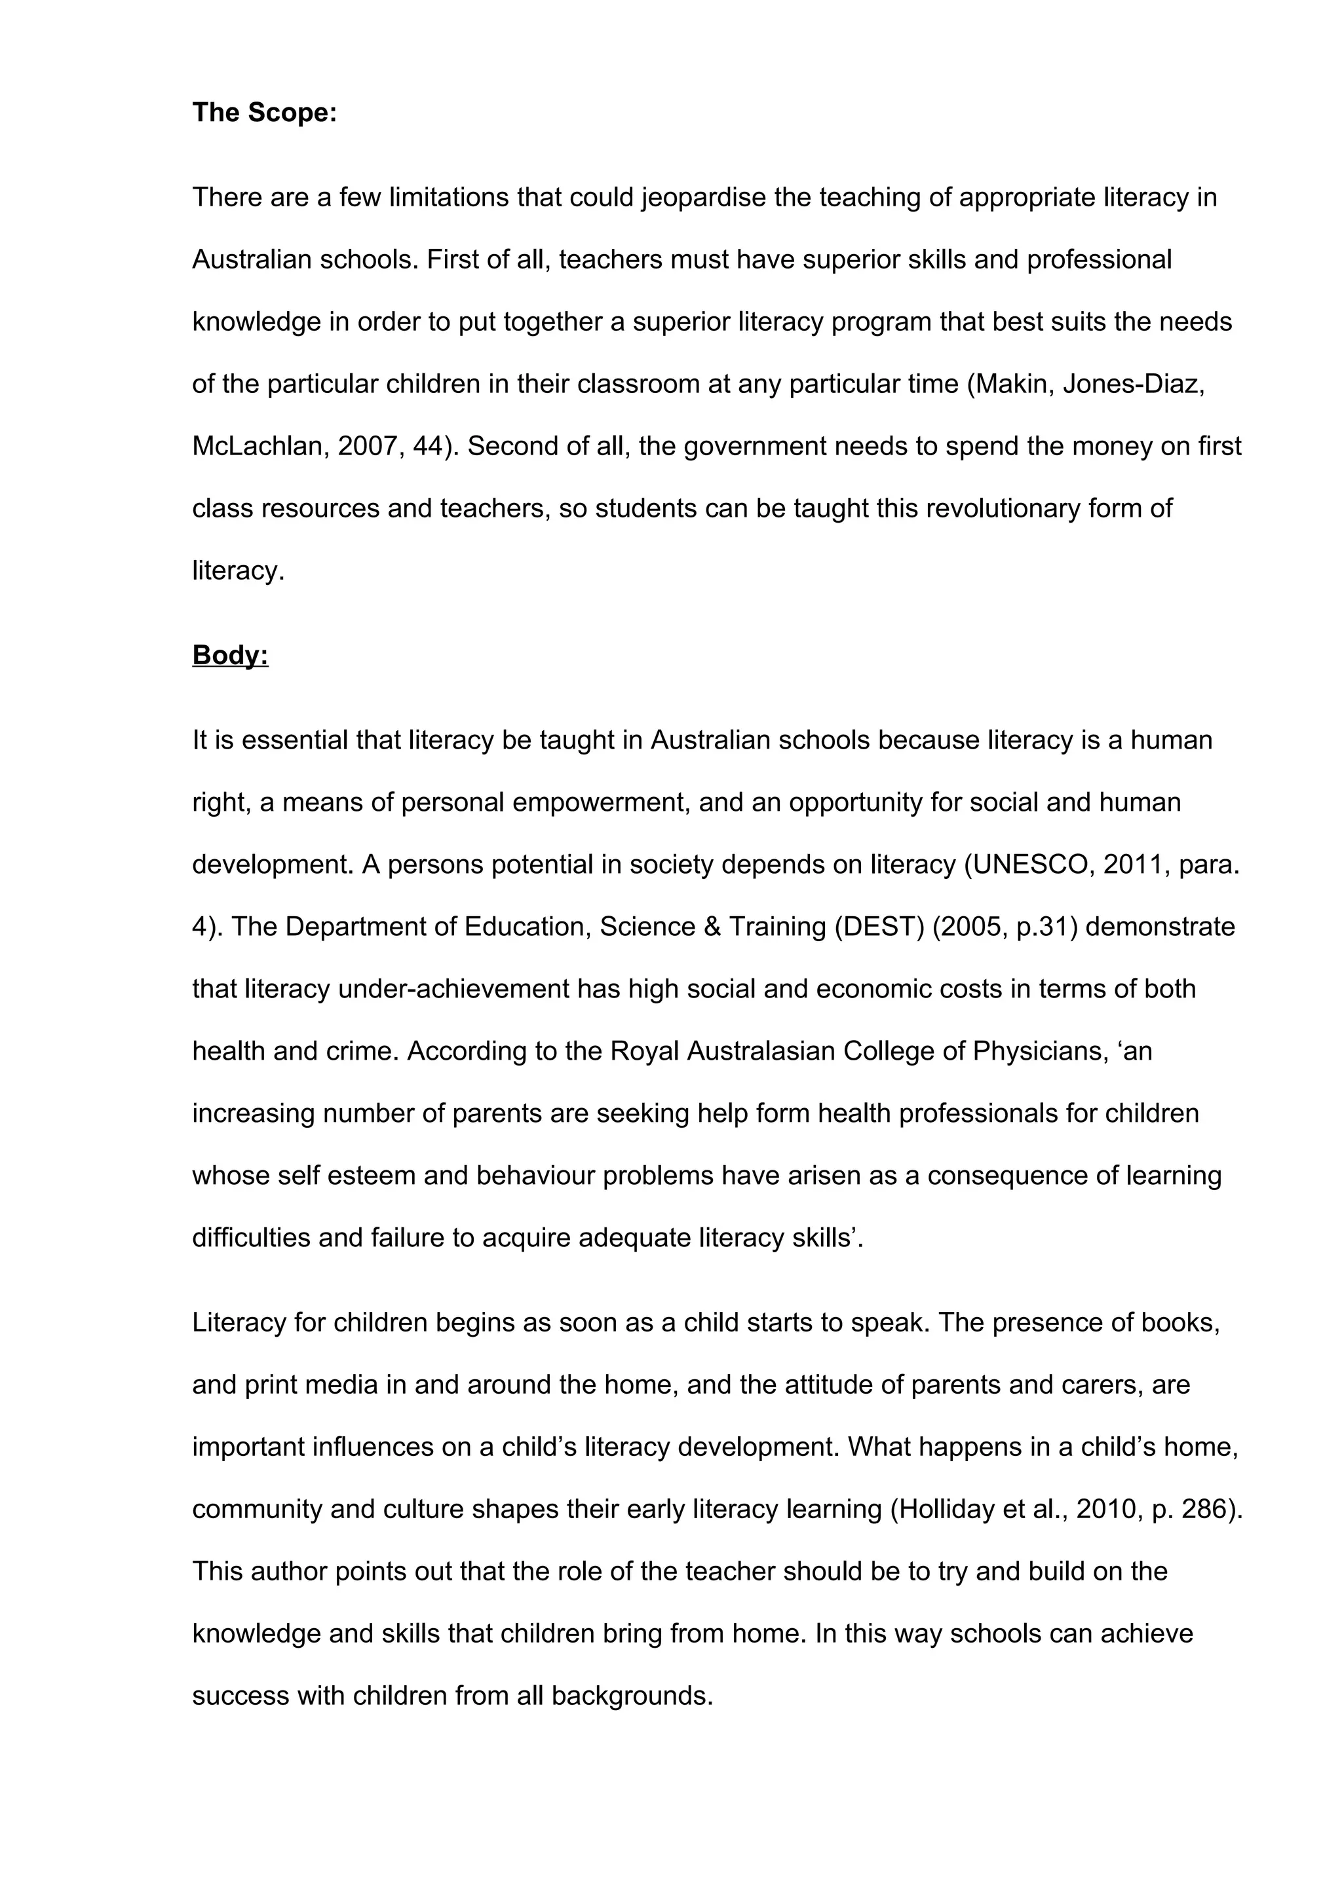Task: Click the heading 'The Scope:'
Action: [x=265, y=113]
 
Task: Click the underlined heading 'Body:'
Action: [x=230, y=655]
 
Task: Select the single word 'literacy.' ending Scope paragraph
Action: [x=238, y=571]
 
